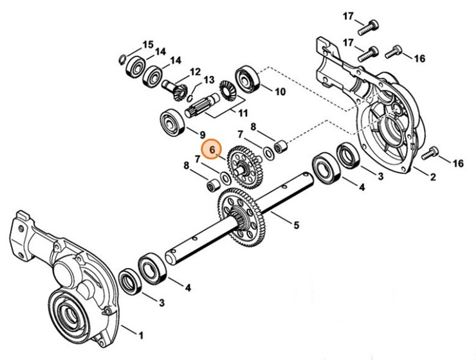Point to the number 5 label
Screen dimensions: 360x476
pyautogui.click(x=297, y=225)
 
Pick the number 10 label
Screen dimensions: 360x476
pyautogui.click(x=280, y=91)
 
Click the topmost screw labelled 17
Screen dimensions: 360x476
pyautogui.click(x=369, y=26)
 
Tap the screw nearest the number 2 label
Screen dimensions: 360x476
pyautogui.click(x=431, y=154)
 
